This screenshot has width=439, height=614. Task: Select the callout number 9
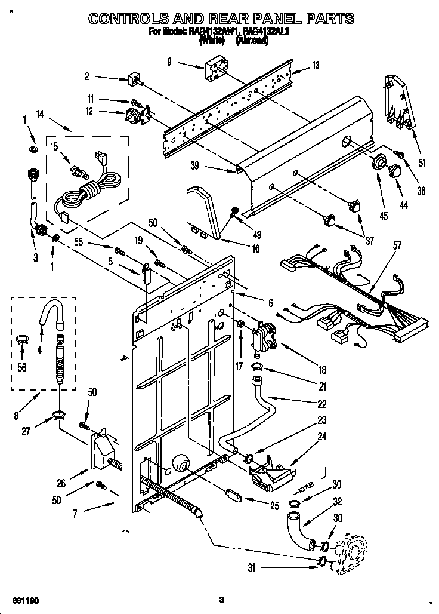pos(170,60)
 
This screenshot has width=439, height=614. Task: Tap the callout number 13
pos(316,65)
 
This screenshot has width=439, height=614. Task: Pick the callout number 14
pos(40,113)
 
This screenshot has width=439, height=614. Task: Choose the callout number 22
pos(321,403)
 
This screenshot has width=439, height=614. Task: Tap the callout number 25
pos(274,506)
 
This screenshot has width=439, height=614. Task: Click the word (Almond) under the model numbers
pos(253,41)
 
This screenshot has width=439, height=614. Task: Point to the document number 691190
pos(17,599)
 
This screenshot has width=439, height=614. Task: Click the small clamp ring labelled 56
pos(22,342)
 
